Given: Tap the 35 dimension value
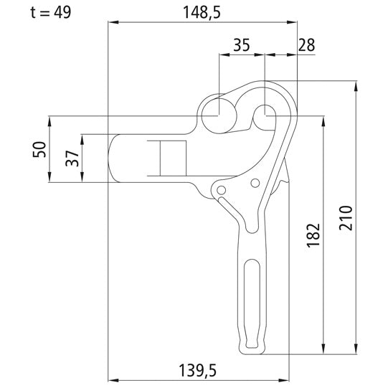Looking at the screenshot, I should [x=241, y=46].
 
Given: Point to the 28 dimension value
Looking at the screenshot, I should [x=306, y=46].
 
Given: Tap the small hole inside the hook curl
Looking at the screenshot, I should [x=265, y=113].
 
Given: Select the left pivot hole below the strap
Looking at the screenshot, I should [x=222, y=190].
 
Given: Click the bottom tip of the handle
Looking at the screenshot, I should [x=252, y=351].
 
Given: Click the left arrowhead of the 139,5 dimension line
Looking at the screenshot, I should [x=111, y=379].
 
